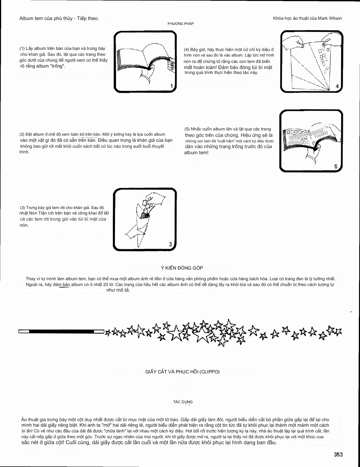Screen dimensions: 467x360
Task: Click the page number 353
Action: (x=338, y=455)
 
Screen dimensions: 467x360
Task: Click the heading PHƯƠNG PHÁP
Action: (x=180, y=24)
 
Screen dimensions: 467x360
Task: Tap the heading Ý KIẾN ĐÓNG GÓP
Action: (x=182, y=268)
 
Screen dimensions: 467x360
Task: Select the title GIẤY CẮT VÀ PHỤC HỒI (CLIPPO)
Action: (x=182, y=372)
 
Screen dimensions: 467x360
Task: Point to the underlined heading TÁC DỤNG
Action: (x=183, y=402)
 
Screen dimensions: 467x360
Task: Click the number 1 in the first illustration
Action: (x=171, y=86)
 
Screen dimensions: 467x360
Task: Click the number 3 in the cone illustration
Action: (x=171, y=244)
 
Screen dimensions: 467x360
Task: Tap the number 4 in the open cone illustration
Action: (x=337, y=86)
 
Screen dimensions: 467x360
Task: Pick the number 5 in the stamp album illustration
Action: (x=336, y=166)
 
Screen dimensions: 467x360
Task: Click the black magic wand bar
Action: (x=61, y=331)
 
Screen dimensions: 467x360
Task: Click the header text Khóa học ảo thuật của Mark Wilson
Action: (x=307, y=18)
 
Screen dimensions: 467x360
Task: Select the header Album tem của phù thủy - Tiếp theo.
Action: (x=59, y=19)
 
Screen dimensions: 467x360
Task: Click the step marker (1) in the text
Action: (x=22, y=48)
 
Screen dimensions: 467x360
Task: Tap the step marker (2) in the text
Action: (x=22, y=135)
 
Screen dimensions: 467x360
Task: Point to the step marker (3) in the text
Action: (x=23, y=208)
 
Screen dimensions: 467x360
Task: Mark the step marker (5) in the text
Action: (x=187, y=129)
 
